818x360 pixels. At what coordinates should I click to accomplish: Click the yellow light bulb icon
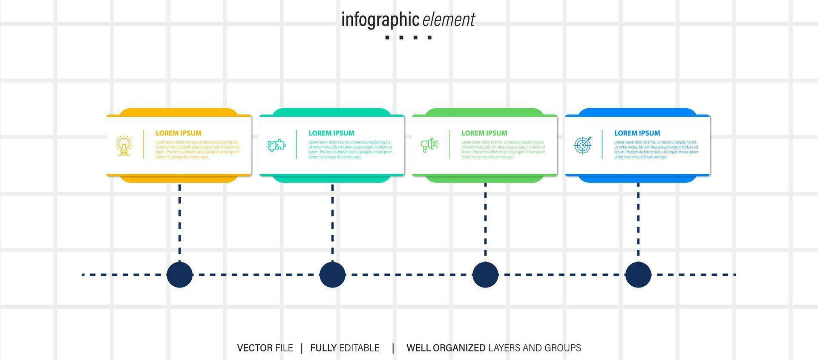coord(124,146)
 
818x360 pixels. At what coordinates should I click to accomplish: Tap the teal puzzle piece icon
coord(277,145)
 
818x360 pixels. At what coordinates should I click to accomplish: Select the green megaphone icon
coord(429,145)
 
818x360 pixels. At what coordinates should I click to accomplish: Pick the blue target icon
coord(582,145)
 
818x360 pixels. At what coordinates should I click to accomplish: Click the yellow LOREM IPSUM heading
coord(179,133)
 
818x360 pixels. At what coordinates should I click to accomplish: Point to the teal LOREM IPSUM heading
coord(331,133)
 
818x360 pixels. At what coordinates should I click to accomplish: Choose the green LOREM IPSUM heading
coord(484,133)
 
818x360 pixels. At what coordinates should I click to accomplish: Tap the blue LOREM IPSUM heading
coord(637,133)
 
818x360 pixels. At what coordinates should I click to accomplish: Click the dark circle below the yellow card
coord(179,275)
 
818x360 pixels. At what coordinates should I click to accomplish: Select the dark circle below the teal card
coord(332,275)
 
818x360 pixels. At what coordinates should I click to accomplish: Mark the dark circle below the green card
coord(485,275)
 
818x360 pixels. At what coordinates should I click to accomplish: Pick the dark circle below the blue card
coord(638,275)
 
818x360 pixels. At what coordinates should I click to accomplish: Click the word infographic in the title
coord(380,20)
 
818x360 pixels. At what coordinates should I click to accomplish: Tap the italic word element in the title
coord(449,20)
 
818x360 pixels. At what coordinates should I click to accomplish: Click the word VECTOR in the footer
coord(255,348)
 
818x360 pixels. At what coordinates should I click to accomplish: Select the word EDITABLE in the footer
coord(359,348)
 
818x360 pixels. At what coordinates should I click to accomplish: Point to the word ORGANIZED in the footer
coord(459,348)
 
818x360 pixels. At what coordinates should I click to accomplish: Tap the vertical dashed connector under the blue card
coord(638,222)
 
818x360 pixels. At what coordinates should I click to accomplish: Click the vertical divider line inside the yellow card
coord(144,144)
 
